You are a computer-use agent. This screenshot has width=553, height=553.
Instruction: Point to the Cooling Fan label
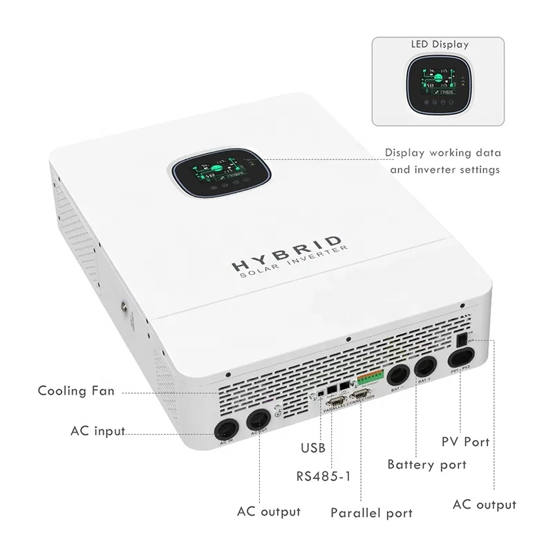coord(76,391)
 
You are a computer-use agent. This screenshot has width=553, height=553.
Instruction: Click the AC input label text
coord(97,431)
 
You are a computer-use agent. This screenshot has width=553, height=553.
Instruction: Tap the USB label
coord(312,448)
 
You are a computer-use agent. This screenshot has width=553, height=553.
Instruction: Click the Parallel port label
coord(371,513)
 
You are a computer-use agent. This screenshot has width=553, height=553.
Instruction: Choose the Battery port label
coord(427,465)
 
